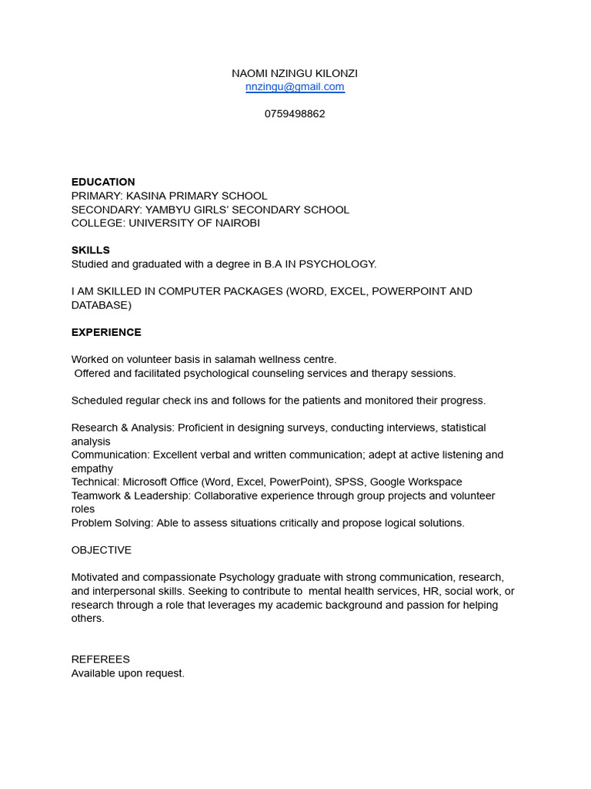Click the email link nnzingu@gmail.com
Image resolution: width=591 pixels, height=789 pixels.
click(295, 87)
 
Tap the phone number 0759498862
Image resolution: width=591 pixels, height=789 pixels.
click(295, 114)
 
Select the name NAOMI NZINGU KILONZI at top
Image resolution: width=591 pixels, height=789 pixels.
click(295, 73)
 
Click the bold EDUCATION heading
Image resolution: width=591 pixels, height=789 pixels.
click(103, 183)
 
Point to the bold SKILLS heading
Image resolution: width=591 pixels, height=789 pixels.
click(91, 250)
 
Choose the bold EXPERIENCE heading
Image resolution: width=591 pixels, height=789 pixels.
click(106, 333)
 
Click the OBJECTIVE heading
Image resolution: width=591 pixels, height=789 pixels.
click(102, 550)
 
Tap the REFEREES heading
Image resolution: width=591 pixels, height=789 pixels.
click(101, 660)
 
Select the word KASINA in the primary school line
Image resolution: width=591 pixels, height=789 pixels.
click(145, 196)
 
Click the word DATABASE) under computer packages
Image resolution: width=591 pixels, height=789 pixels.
click(102, 305)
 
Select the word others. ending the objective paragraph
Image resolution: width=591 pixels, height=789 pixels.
click(88, 619)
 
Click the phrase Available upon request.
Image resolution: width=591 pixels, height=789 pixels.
click(128, 673)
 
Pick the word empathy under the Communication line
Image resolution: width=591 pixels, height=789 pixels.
click(92, 468)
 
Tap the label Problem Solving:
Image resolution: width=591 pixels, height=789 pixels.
click(112, 523)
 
